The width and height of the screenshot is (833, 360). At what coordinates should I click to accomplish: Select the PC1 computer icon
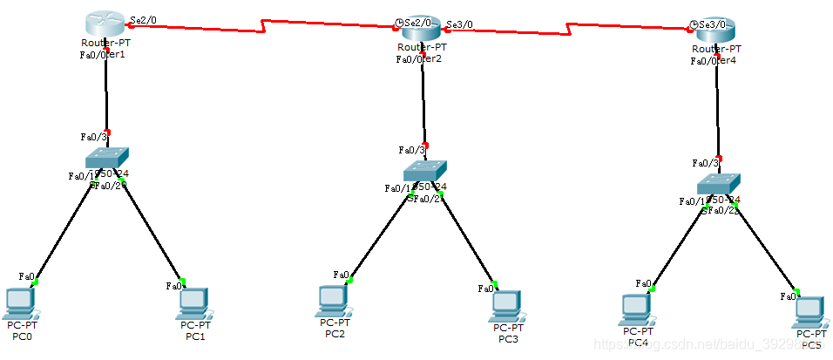click(193, 302)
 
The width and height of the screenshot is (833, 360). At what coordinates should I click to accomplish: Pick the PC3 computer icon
click(505, 304)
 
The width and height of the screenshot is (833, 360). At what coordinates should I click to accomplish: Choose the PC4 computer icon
click(637, 308)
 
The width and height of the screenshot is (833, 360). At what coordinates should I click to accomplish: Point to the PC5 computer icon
click(810, 311)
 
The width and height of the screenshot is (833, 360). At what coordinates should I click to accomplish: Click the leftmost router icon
click(106, 24)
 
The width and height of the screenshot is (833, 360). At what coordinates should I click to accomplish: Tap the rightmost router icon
click(716, 31)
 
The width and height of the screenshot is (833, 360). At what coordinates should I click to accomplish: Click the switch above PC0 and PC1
click(107, 158)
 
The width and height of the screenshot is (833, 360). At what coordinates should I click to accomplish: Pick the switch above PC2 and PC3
click(424, 170)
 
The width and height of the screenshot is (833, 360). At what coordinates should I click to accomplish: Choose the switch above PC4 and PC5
click(719, 183)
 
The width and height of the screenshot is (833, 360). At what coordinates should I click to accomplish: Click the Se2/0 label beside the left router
click(142, 17)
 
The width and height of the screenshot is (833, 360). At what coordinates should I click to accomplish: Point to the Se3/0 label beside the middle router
click(459, 24)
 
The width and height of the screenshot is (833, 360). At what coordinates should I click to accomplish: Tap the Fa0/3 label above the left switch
click(93, 137)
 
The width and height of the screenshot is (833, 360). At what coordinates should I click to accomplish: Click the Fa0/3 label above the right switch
click(705, 163)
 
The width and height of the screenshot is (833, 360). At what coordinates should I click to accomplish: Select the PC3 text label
click(508, 339)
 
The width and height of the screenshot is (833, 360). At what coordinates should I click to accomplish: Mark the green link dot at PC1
click(184, 282)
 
